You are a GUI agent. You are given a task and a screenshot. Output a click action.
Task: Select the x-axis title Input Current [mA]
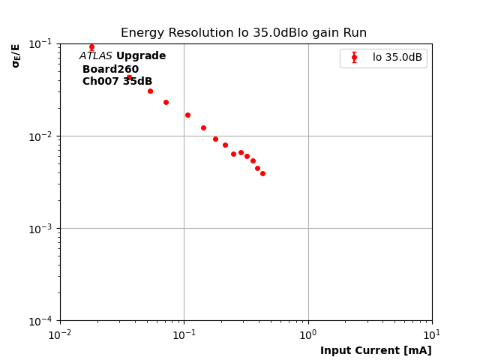pyautogui.click(x=376, y=350)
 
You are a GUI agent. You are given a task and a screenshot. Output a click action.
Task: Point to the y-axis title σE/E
pyautogui.click(x=16, y=55)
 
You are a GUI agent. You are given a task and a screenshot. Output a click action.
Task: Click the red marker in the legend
pyautogui.click(x=354, y=58)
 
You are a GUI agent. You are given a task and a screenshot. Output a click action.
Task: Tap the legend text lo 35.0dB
pyautogui.click(x=397, y=58)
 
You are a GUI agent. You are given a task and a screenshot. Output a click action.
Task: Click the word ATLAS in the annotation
pyautogui.click(x=96, y=56)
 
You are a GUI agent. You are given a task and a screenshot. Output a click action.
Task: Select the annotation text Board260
pyautogui.click(x=110, y=69)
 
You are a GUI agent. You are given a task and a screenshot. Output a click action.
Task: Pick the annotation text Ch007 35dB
pyautogui.click(x=117, y=82)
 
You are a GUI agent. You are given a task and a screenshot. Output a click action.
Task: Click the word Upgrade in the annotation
pyautogui.click(x=141, y=56)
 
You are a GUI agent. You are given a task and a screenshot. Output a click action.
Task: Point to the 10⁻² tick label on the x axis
pyautogui.click(x=60, y=334)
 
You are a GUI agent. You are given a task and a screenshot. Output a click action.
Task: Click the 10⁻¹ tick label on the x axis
pyautogui.click(x=184, y=334)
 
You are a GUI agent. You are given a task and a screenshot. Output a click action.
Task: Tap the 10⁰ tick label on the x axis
pyautogui.click(x=308, y=334)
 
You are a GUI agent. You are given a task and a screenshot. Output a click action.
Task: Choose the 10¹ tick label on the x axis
pyautogui.click(x=432, y=334)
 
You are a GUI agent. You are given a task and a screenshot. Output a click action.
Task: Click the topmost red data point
pyautogui.click(x=91, y=47)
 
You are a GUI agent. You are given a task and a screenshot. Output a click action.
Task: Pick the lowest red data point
pyautogui.click(x=262, y=173)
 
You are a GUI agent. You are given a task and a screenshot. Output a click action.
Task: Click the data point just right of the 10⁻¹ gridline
pyautogui.click(x=187, y=115)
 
